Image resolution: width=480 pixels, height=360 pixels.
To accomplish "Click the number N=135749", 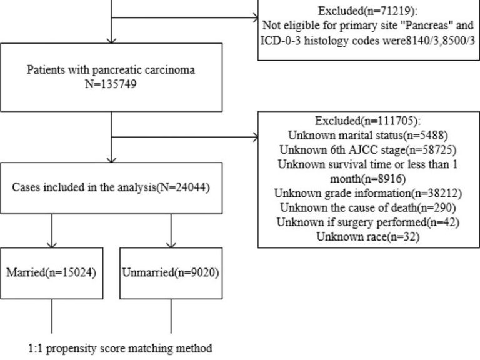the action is coord(111,84).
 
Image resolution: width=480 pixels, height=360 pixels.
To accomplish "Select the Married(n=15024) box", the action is coord(52,273).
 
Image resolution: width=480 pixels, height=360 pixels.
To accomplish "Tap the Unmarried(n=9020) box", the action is coord(171,273).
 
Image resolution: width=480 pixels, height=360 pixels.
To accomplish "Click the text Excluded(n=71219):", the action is coord(367,11).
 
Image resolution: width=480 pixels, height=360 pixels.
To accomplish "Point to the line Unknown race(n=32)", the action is coord(368,237).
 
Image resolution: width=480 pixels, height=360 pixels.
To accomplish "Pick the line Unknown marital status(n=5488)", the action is coord(368,135).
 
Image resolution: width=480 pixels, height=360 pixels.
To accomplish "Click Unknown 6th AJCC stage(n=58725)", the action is coord(368,150).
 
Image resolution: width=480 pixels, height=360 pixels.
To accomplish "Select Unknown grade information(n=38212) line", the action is coord(368,193).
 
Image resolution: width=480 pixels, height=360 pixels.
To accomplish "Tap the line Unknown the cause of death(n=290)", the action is coord(368,207).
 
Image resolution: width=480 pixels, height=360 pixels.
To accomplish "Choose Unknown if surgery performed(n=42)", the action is coord(368,222).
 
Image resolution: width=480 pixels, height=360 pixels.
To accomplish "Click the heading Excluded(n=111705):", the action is coord(368,121).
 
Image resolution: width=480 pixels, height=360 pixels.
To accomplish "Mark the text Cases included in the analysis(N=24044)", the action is coord(111,187).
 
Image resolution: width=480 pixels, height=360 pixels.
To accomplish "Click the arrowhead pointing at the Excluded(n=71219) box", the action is coord(255,17).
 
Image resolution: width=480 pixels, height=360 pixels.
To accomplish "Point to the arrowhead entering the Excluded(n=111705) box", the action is coord(255,137).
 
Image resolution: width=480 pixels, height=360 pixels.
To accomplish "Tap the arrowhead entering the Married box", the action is coord(52,244).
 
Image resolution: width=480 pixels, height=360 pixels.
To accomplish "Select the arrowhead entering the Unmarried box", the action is coord(171,244).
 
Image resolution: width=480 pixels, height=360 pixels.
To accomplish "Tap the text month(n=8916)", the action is coord(368,179).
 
